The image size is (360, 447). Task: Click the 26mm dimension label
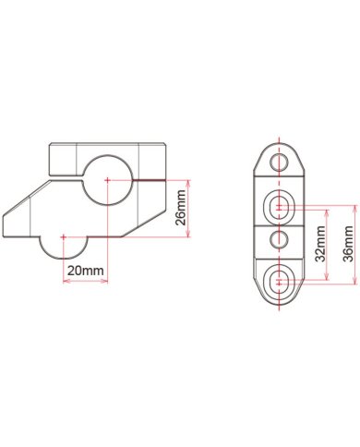[x=181, y=208]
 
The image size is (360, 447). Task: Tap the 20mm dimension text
[x=86, y=271]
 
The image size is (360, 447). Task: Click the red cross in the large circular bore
[x=107, y=180]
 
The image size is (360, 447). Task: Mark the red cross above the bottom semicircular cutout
[x=64, y=237]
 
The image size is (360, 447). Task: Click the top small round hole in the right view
[x=280, y=162]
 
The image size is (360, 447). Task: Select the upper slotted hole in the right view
[x=280, y=207]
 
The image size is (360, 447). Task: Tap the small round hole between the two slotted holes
[x=280, y=239]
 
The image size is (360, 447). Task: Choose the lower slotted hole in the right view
[x=280, y=281]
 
